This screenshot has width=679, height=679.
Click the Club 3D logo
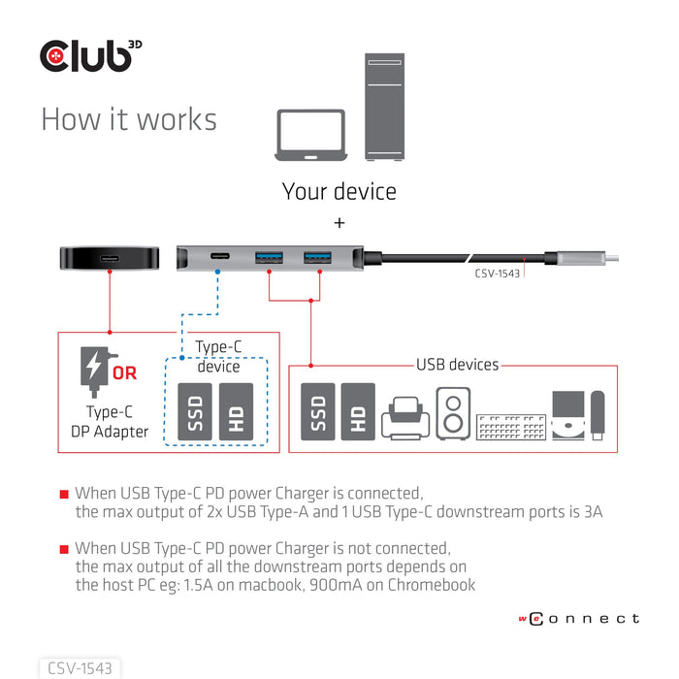tap(97, 55)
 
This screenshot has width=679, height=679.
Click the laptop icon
tap(310, 135)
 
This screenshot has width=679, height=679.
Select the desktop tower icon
tap(392, 108)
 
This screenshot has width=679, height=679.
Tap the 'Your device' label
tap(339, 191)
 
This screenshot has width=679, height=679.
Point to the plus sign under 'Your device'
tap(339, 223)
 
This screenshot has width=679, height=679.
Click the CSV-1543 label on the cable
tap(498, 273)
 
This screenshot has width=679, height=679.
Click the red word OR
tap(124, 372)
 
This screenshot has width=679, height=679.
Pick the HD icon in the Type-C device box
tap(236, 412)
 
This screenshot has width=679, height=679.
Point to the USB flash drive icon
tap(597, 414)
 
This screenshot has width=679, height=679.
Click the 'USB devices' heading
tap(457, 365)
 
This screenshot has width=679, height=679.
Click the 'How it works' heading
tap(129, 119)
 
